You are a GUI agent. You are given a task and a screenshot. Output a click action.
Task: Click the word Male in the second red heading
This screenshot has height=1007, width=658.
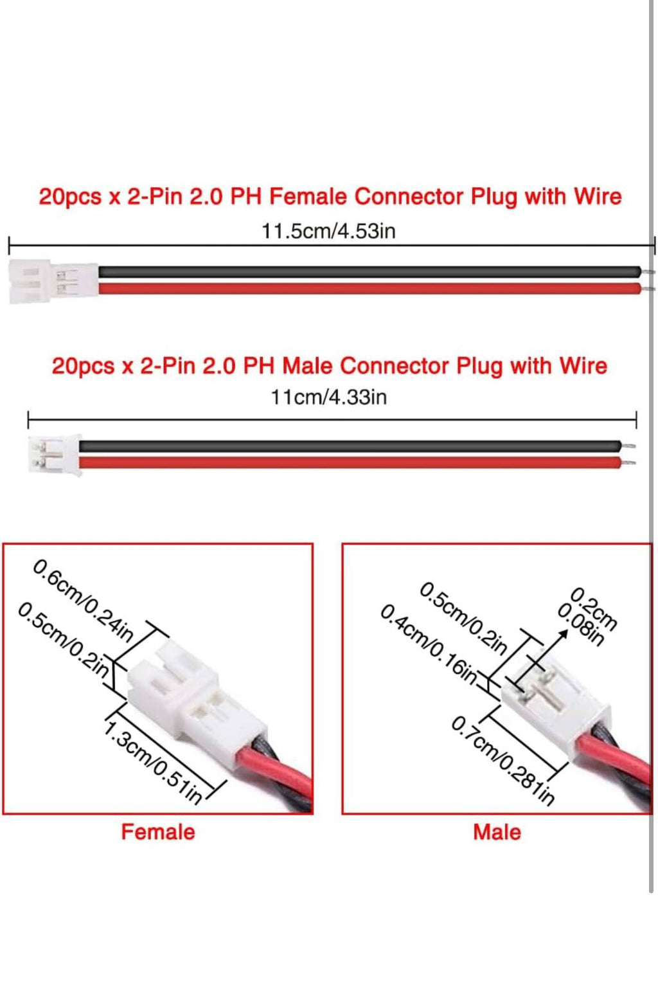click(x=310, y=365)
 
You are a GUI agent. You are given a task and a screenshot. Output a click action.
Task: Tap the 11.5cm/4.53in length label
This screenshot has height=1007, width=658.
click(x=328, y=231)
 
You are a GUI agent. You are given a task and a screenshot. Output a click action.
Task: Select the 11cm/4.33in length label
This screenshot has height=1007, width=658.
click(x=328, y=398)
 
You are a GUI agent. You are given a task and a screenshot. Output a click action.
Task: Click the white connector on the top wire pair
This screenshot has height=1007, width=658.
click(x=53, y=282)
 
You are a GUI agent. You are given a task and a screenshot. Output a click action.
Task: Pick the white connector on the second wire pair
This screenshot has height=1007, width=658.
click(x=55, y=455)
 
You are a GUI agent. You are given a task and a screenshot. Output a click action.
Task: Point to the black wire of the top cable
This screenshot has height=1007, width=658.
click(x=369, y=271)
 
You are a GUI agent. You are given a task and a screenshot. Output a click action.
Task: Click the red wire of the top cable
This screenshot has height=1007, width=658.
click(x=369, y=288)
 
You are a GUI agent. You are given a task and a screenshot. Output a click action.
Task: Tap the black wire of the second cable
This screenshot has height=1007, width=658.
click(x=350, y=446)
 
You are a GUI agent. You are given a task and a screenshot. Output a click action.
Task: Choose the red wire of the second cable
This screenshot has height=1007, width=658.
click(x=350, y=462)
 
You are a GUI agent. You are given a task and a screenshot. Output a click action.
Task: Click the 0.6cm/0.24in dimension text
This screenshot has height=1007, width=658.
click(x=83, y=600)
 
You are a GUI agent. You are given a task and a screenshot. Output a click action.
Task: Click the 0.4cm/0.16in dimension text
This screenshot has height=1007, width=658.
click(x=429, y=646)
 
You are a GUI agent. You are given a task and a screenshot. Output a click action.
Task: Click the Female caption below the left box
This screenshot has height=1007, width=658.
click(x=158, y=832)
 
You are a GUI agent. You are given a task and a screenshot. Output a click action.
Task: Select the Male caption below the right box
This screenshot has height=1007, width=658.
click(x=497, y=832)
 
